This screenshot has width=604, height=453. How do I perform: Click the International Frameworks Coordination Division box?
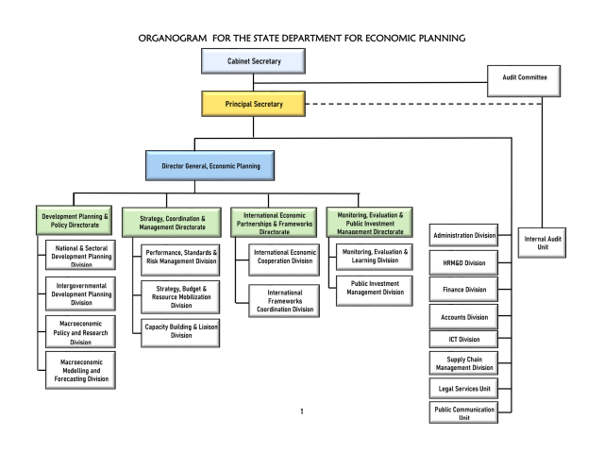click(x=284, y=299)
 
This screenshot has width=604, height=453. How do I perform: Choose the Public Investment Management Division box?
click(x=373, y=288)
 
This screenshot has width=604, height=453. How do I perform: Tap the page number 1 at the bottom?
click(x=301, y=412)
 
